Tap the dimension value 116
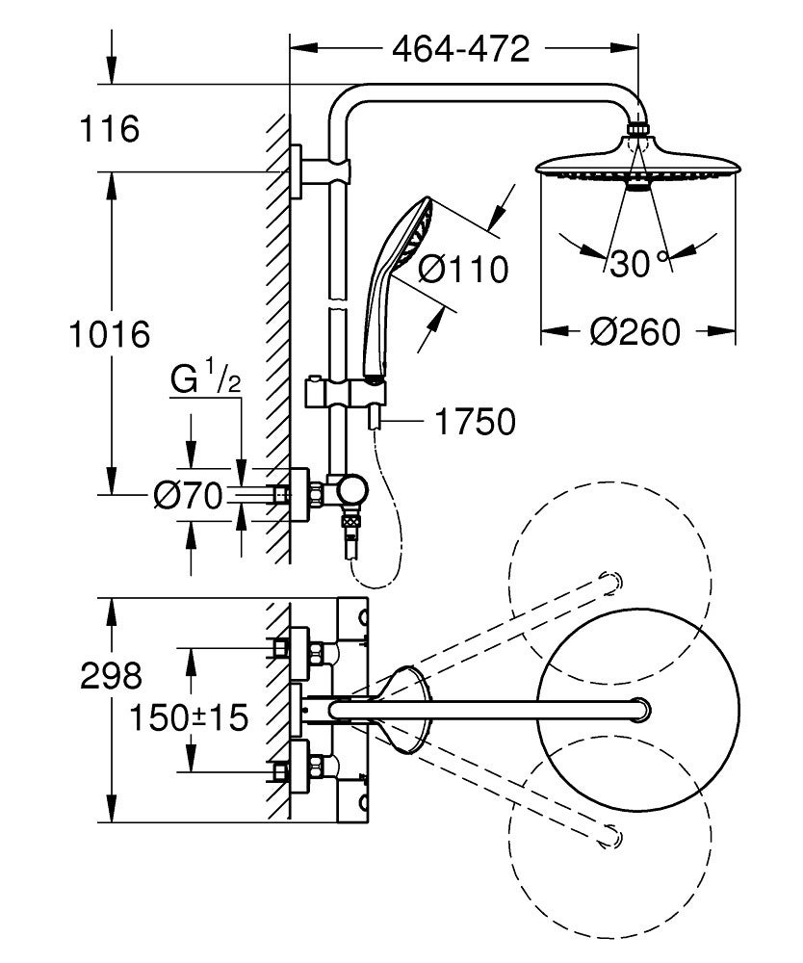(x=109, y=128)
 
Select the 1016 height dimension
(x=109, y=335)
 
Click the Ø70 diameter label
(x=188, y=495)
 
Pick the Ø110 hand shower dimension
(x=462, y=270)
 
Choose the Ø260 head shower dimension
(x=635, y=331)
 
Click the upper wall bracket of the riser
(x=310, y=171)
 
